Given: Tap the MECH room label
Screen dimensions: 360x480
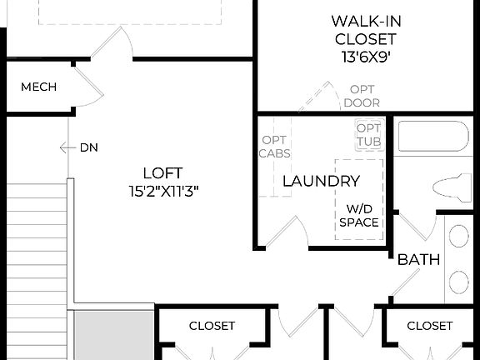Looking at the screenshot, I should click(38, 87).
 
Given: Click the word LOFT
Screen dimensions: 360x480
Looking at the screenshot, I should click(162, 173).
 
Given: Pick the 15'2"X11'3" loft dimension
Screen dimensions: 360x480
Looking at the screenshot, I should click(162, 191).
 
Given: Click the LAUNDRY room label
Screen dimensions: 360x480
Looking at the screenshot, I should click(321, 181).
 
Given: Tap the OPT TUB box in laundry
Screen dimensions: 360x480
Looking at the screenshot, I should click(367, 134).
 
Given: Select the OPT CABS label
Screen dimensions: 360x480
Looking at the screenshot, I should click(274, 147).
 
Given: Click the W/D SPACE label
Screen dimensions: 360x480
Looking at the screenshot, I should click(359, 215).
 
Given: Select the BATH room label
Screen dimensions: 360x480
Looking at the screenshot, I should click(418, 260).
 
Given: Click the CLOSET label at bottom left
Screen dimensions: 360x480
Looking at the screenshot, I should click(212, 326).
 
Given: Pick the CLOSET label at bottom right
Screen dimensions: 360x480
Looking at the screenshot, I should click(429, 326).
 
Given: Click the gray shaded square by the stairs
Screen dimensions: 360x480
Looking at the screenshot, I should click(112, 334).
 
